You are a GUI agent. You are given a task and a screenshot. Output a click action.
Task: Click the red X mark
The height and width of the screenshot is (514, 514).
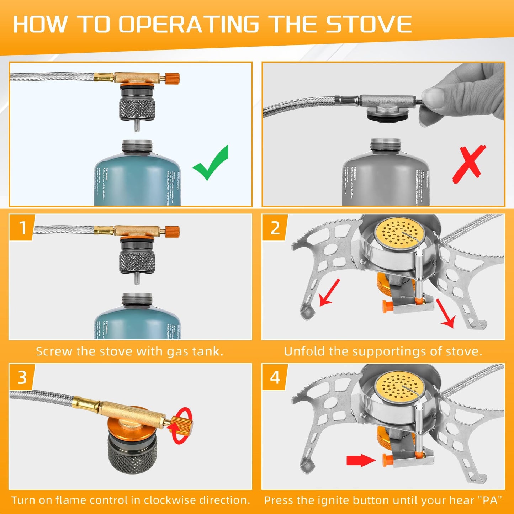click(x=469, y=164)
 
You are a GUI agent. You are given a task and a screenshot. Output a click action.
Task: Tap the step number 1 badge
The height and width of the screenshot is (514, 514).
click(x=22, y=228)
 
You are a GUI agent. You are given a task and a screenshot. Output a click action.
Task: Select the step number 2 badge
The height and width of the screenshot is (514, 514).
click(x=275, y=228)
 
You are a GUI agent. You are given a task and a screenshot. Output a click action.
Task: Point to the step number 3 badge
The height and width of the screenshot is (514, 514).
click(x=22, y=377)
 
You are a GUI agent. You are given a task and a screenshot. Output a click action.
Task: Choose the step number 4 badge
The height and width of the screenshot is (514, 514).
click(x=275, y=377)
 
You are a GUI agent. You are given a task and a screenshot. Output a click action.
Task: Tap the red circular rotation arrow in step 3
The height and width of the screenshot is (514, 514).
click(x=181, y=425)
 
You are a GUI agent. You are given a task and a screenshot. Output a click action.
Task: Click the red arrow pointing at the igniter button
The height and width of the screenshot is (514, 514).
click(x=360, y=460)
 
